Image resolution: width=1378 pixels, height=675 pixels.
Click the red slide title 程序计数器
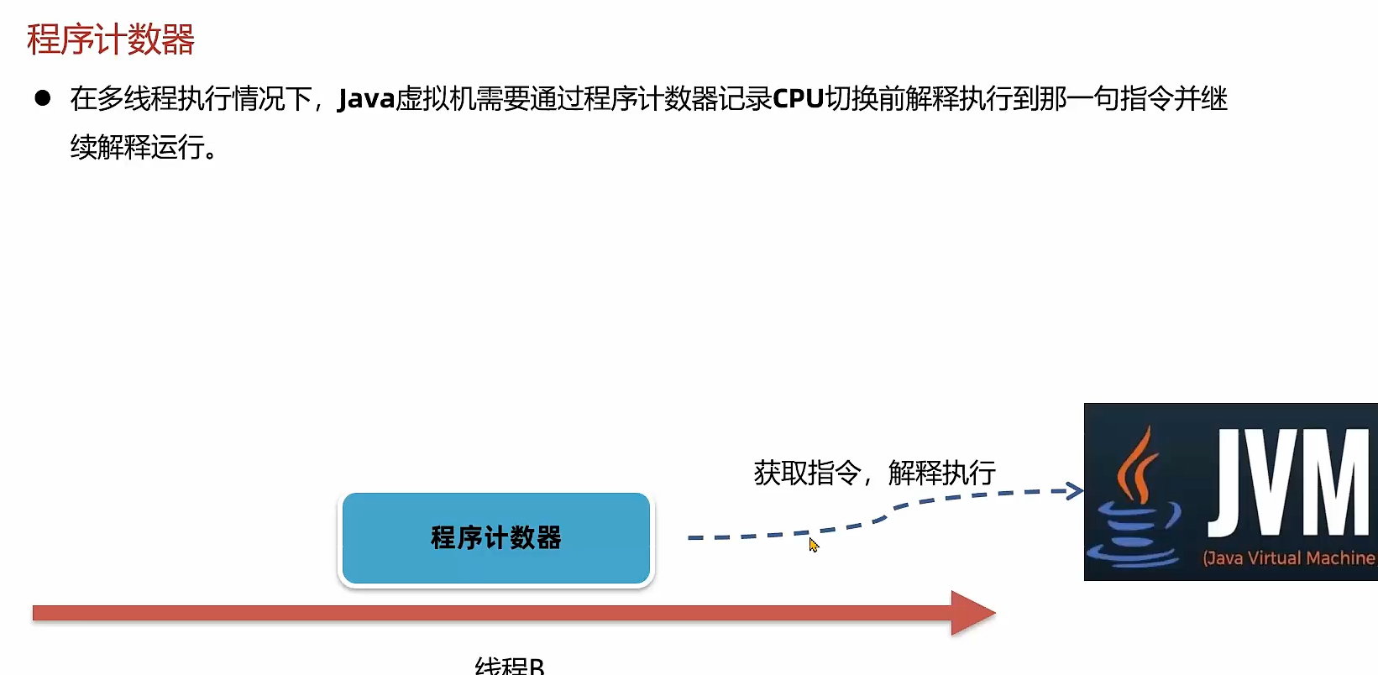click(110, 39)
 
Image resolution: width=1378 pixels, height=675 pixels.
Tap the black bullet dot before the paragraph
click(43, 98)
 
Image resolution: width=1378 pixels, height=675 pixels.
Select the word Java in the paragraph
click(366, 99)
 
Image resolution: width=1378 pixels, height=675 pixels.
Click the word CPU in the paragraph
click(798, 99)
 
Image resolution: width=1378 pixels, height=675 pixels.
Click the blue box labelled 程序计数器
click(495, 538)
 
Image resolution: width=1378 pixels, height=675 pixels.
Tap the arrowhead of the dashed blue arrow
click(1075, 490)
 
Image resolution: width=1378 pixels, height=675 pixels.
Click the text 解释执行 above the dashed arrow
click(941, 473)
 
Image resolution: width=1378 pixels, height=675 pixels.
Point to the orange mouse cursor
click(813, 545)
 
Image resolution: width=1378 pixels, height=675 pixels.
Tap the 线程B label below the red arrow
click(509, 665)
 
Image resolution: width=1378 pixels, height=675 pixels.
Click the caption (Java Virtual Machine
click(1288, 558)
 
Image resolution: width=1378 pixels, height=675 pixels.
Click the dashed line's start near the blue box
click(692, 537)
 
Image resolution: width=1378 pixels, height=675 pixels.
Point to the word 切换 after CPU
click(851, 99)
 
